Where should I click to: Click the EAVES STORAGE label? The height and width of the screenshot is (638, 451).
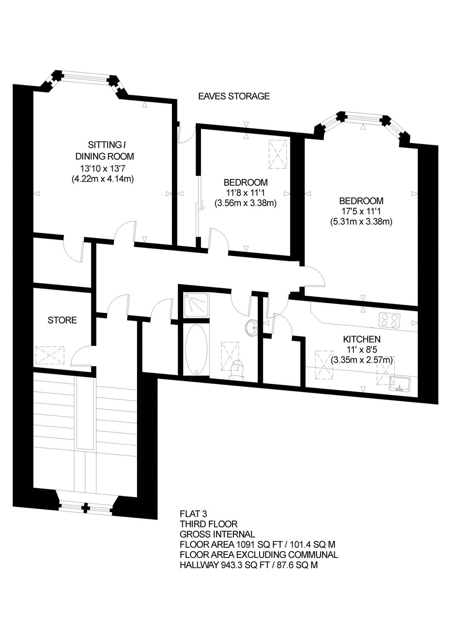(234, 96)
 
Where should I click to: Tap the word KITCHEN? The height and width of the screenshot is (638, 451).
(362, 339)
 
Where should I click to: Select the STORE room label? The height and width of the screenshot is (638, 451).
(62, 320)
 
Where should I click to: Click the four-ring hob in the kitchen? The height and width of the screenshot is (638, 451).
(389, 319)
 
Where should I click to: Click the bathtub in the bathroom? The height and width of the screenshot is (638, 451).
(196, 349)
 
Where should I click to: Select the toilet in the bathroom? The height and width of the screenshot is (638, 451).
(236, 369)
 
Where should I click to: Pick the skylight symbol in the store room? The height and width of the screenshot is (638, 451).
(50, 355)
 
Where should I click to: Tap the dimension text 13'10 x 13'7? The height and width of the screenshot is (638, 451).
(102, 168)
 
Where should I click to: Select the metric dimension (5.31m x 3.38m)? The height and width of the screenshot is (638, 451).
(361, 221)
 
